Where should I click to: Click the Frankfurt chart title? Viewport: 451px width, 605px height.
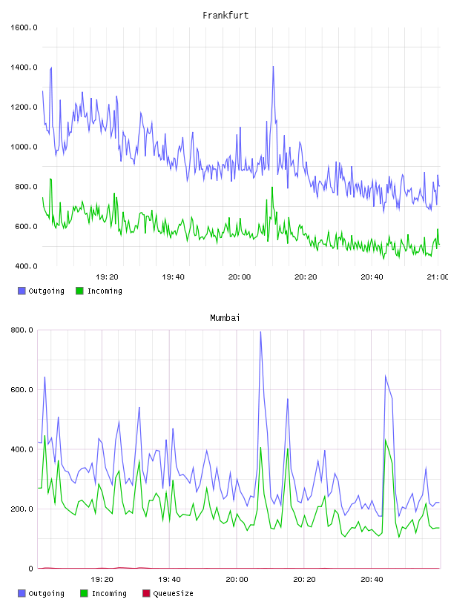(225, 15)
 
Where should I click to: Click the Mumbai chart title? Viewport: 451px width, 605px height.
(225, 317)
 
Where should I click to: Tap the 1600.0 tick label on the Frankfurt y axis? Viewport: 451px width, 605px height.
(24, 27)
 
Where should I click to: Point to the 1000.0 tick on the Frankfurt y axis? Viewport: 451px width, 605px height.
(24, 147)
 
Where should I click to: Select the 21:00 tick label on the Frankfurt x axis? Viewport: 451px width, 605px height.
(438, 277)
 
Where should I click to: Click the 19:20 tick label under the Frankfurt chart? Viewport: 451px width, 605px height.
(107, 277)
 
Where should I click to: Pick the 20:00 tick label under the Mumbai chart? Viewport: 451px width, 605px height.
(237, 579)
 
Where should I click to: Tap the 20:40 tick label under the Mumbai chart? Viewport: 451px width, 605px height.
(372, 579)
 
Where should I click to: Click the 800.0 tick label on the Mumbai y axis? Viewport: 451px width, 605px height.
(22, 330)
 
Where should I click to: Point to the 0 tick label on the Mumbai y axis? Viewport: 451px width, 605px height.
(31, 569)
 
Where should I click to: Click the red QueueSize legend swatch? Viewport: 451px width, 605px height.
(146, 593)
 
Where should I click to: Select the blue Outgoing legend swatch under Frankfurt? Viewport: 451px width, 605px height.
(22, 291)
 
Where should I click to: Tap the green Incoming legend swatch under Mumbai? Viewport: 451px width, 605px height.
(84, 593)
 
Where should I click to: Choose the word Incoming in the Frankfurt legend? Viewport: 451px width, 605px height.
(105, 291)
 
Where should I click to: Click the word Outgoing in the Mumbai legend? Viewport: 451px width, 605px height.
(46, 593)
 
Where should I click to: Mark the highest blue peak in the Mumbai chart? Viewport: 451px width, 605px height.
(260, 332)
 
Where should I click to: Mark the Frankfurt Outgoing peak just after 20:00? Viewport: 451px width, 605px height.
(274, 67)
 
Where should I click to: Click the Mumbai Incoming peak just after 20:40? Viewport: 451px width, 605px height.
(386, 440)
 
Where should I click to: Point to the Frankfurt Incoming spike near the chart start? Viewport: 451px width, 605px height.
(50, 179)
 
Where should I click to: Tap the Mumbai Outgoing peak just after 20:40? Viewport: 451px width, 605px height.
(386, 375)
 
